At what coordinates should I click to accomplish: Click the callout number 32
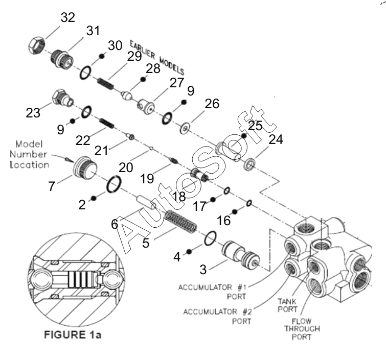67,17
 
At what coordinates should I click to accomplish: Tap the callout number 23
33,113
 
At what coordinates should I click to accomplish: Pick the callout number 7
52,186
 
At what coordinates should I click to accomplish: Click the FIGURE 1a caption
73,334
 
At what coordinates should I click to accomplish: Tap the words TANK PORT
287,305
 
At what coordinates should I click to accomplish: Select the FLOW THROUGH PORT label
302,329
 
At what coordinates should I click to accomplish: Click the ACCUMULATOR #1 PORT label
212,292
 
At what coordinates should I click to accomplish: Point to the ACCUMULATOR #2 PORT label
217,317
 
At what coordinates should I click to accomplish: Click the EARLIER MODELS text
157,57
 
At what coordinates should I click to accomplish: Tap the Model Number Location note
29,154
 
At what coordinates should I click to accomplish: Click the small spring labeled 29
106,84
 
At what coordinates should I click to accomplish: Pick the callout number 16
224,220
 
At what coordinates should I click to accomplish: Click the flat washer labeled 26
185,128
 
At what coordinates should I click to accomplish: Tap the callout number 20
126,167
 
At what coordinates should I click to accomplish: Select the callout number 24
276,139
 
